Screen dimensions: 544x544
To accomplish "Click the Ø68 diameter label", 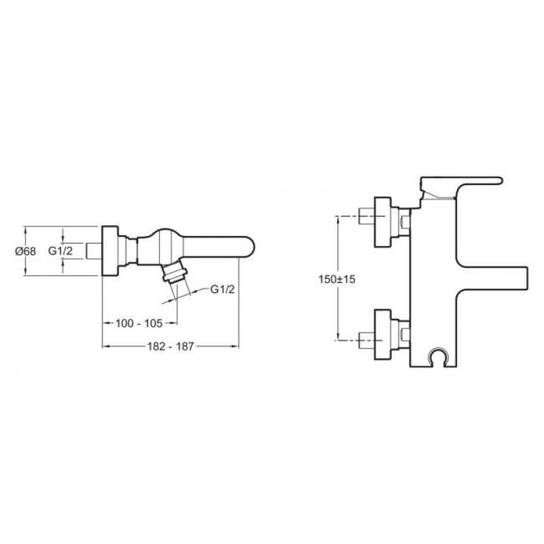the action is click(x=25, y=251).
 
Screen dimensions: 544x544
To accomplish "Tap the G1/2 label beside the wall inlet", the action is click(x=61, y=250).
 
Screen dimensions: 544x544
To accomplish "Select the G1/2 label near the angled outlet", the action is click(x=222, y=289).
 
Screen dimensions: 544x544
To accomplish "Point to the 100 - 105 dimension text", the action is click(x=139, y=324).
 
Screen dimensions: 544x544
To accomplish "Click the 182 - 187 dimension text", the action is click(x=171, y=346).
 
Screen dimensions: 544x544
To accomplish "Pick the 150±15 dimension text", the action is click(x=337, y=279).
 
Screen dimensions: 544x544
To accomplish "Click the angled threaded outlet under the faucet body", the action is click(x=175, y=272).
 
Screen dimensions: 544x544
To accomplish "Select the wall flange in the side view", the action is click(x=110, y=251).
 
